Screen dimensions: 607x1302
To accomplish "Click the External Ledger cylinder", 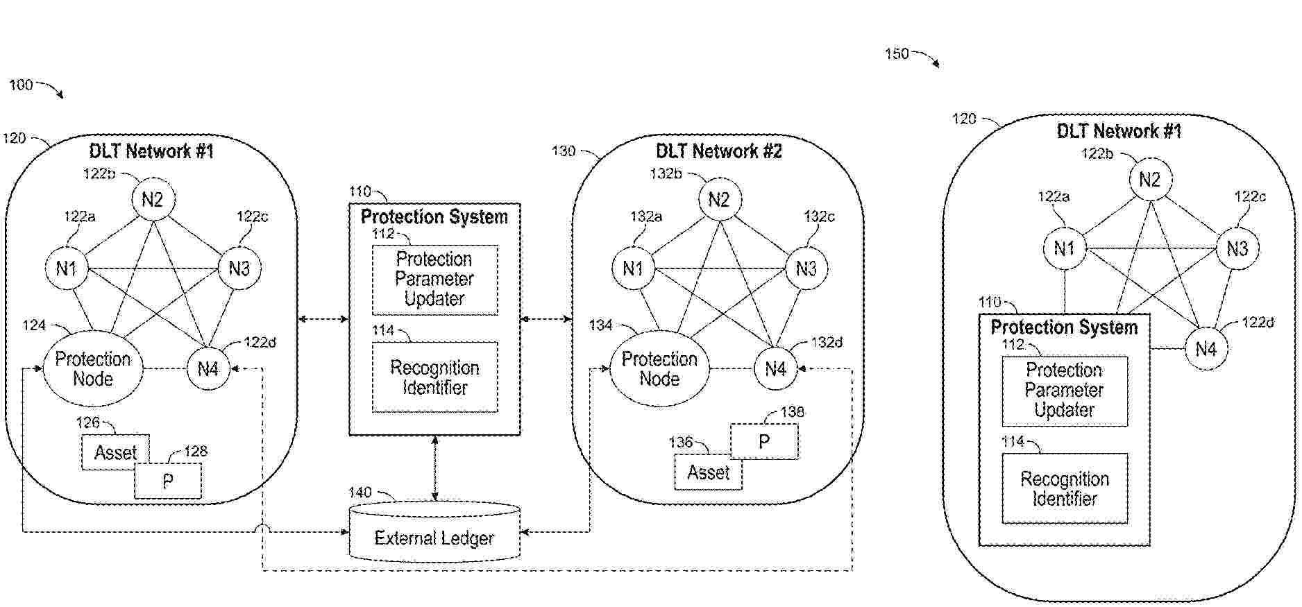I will point(434,533).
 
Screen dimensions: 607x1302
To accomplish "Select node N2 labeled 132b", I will point(719,200).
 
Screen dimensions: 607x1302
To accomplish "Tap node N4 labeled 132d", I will point(775,369).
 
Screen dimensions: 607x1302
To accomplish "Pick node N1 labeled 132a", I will point(633,268).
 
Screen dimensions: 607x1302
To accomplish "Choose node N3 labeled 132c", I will point(806,268).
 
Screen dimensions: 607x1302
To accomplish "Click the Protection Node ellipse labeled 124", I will point(93,369).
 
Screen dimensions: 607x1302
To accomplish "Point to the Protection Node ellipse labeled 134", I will point(659,369).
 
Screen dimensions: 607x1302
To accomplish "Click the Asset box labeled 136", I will point(708,473).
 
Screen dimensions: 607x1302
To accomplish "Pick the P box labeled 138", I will point(764,442).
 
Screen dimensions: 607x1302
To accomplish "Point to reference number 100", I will point(21,85).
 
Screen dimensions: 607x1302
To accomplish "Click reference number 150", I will point(897,53).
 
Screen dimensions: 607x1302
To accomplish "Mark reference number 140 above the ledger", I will point(360,493).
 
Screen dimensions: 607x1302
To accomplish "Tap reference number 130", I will point(563,151).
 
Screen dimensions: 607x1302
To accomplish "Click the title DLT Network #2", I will point(718,151).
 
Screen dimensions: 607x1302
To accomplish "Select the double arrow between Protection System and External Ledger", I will point(435,468).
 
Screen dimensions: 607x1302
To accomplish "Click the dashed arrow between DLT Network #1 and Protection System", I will point(323,319).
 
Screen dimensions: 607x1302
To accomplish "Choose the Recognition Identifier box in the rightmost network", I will point(1065,488).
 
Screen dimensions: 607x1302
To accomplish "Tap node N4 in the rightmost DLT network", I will point(1206,349).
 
